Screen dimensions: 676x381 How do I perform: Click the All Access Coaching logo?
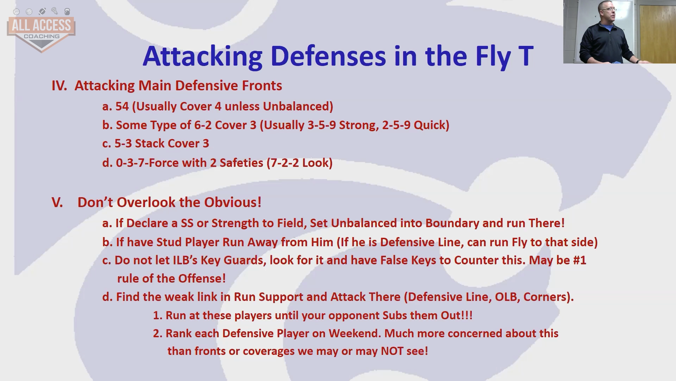[x=41, y=30]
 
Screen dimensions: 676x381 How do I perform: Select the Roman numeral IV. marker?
[x=59, y=86]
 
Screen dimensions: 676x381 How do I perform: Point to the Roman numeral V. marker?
[x=57, y=202]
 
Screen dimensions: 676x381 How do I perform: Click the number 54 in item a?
[x=122, y=106]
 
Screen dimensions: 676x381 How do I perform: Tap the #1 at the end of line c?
[x=580, y=260]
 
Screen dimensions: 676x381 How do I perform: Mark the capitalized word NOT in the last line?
[x=392, y=351]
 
